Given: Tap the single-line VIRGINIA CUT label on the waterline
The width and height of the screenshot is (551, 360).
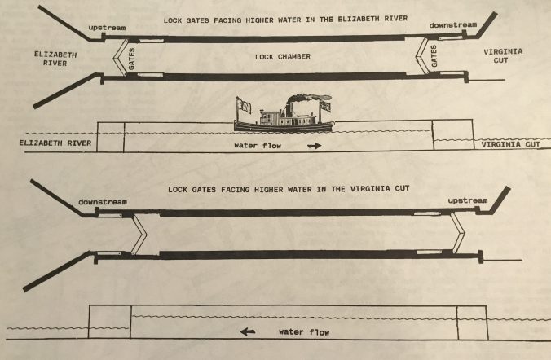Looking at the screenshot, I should point(510,144).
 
